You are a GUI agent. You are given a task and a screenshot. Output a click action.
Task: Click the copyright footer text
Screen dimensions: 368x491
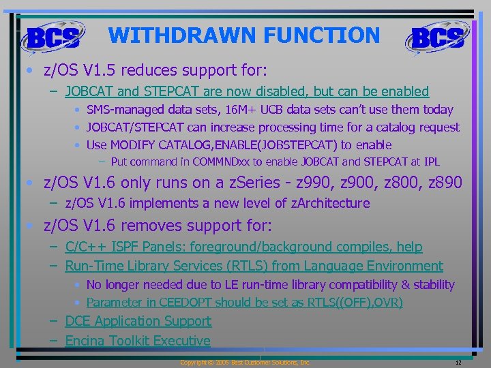[245, 363]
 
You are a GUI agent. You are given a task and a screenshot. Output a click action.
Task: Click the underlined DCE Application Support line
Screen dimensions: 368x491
[138, 321]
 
